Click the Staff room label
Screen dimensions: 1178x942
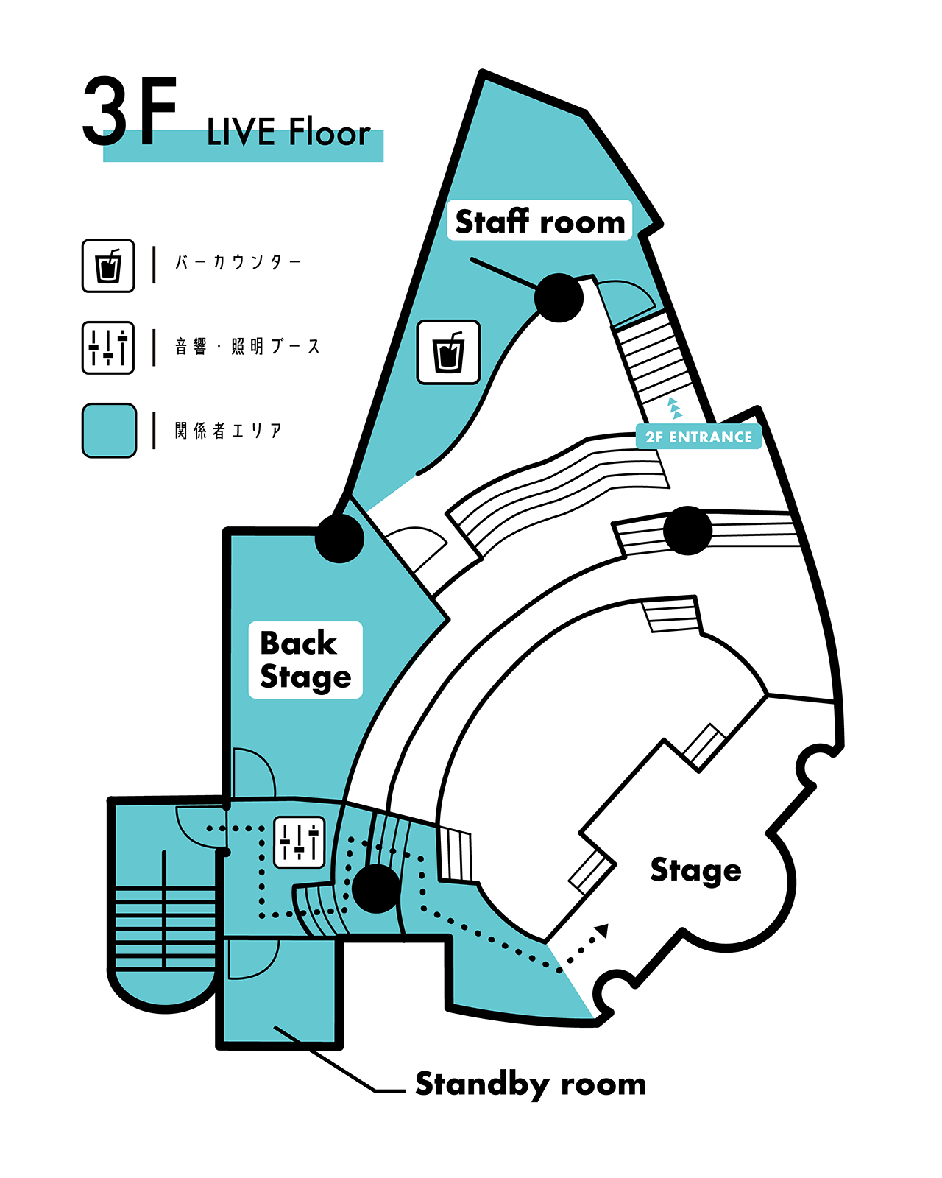(x=539, y=221)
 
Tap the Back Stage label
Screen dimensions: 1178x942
(x=305, y=660)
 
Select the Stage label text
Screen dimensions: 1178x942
(x=695, y=871)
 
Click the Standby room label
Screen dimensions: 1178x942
(x=531, y=1084)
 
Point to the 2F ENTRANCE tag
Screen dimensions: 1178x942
(x=698, y=437)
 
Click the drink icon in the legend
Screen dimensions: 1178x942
(x=108, y=266)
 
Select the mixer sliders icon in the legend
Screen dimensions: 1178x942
(x=108, y=348)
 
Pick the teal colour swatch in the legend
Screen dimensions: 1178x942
(x=109, y=431)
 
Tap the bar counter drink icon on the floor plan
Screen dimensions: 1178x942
(x=448, y=352)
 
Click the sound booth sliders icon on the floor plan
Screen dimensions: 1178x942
(x=300, y=842)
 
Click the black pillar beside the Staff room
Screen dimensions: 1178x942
(x=559, y=297)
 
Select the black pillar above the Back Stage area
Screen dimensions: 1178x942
(x=339, y=538)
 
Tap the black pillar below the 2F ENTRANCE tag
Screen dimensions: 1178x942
(x=687, y=530)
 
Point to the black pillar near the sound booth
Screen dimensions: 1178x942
(x=376, y=889)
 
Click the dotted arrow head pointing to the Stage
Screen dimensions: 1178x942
(x=603, y=931)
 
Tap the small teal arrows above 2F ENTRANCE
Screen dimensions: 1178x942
(x=674, y=408)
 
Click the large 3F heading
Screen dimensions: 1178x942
(x=130, y=112)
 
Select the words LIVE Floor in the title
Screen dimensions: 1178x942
(x=288, y=133)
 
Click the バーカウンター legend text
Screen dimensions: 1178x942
(x=238, y=262)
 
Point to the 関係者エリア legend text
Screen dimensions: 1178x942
(x=228, y=431)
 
